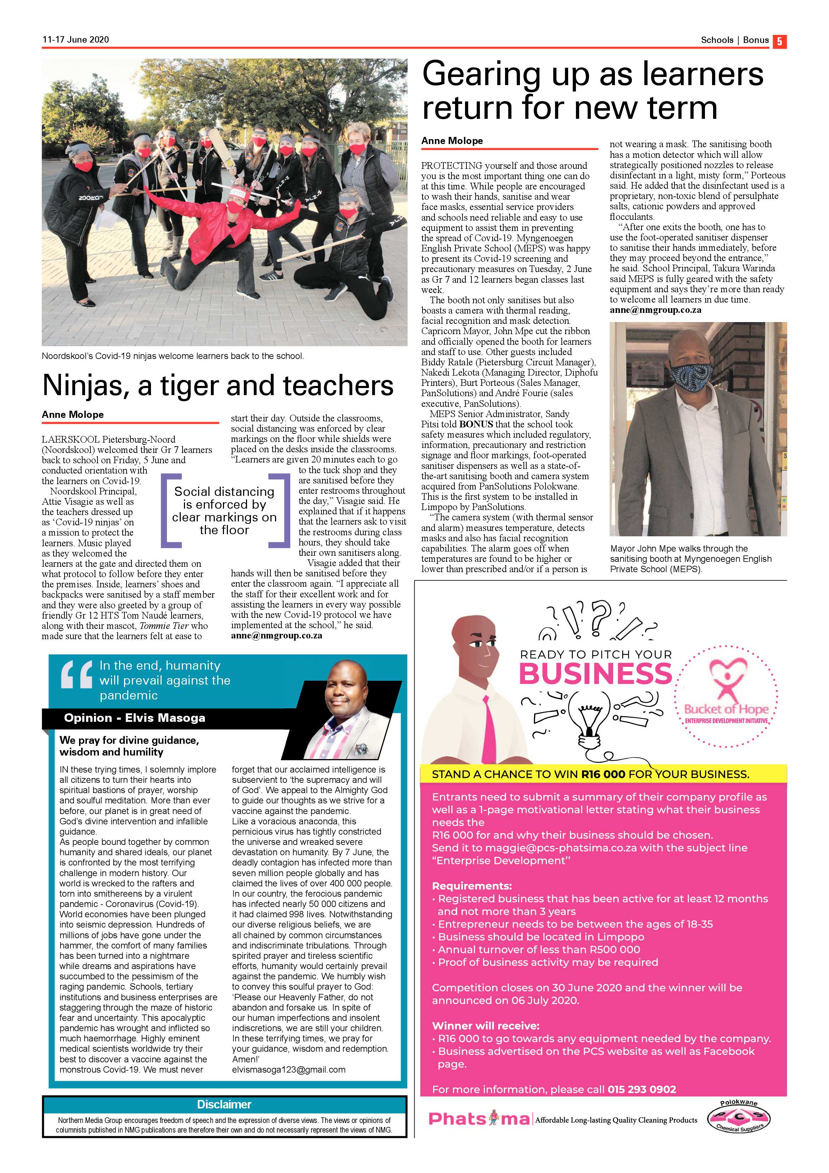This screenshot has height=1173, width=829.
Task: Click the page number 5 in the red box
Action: [779, 41]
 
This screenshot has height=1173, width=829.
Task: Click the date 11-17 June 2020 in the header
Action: [75, 39]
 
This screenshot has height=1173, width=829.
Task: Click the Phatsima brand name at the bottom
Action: [479, 1119]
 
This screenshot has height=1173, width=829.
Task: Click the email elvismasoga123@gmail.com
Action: [289, 1069]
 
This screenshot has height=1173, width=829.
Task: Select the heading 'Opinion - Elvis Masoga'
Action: [134, 718]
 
